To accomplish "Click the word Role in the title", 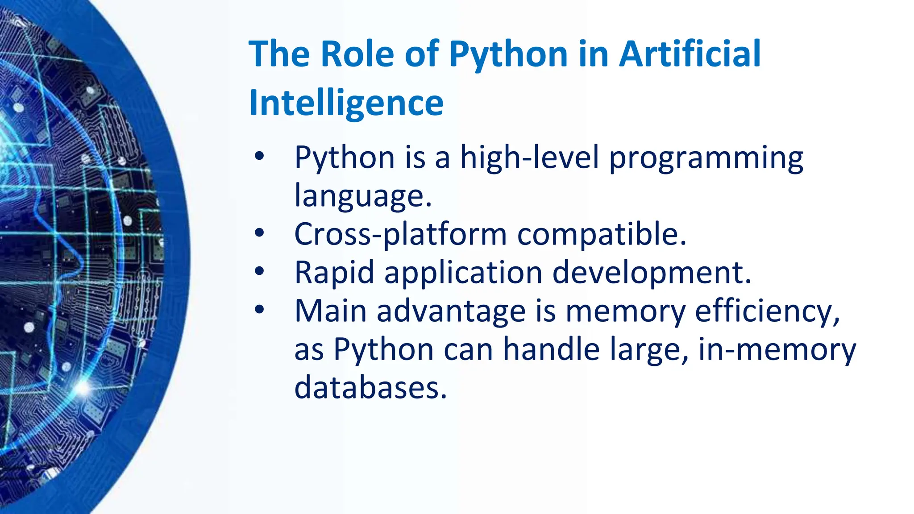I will coord(357,54).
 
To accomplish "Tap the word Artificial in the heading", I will coord(690,54).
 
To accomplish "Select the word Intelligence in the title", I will coord(346,103).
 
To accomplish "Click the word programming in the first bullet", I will coord(706,159).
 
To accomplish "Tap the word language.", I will coord(362,197).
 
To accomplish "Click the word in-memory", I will coord(777,349).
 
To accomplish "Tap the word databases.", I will coord(370,387).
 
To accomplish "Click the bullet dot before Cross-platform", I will coord(259,232).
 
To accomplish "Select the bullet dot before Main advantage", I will coord(259,309).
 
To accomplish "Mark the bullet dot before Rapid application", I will coord(259,271).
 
